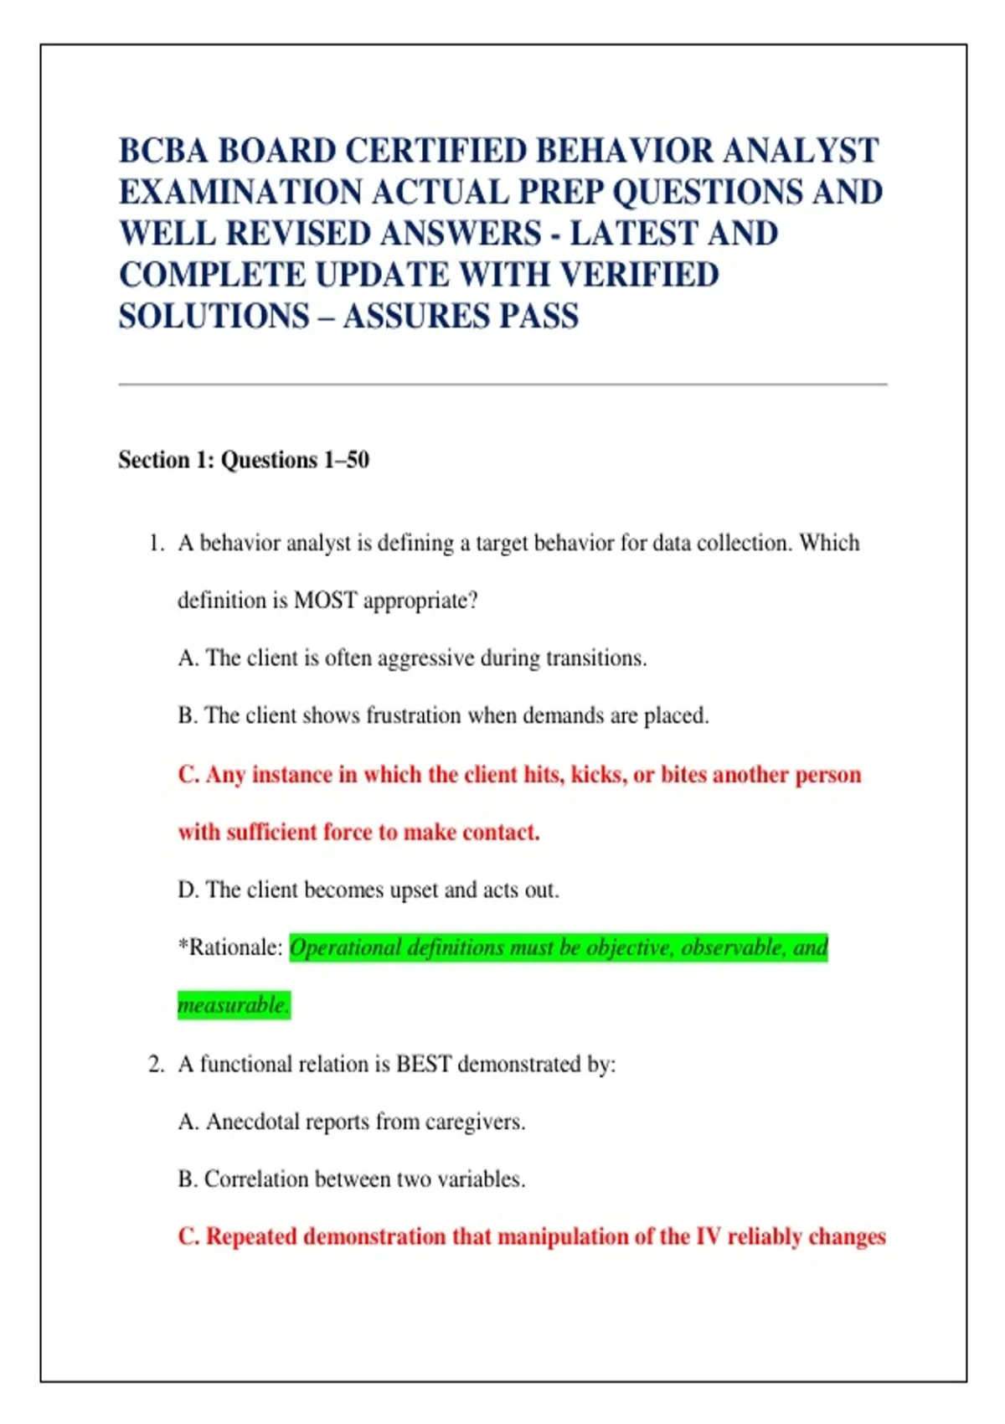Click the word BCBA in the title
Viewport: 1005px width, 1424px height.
[x=162, y=152]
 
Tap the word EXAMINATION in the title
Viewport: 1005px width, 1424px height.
[x=239, y=193]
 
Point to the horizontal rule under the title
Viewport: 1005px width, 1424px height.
[x=502, y=384]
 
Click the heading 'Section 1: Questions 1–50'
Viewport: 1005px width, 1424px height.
[x=244, y=460]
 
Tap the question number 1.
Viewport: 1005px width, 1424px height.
[x=156, y=544]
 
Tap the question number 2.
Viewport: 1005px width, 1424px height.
[x=156, y=1065]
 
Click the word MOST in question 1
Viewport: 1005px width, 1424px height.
[x=325, y=601]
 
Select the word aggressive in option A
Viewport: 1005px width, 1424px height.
[x=426, y=658]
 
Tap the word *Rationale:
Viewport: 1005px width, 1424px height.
[x=230, y=948]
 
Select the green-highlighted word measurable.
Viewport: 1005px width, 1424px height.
[x=233, y=1005]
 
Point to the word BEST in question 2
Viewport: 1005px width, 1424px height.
[x=423, y=1065]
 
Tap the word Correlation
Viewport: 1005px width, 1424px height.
[x=256, y=1179]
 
